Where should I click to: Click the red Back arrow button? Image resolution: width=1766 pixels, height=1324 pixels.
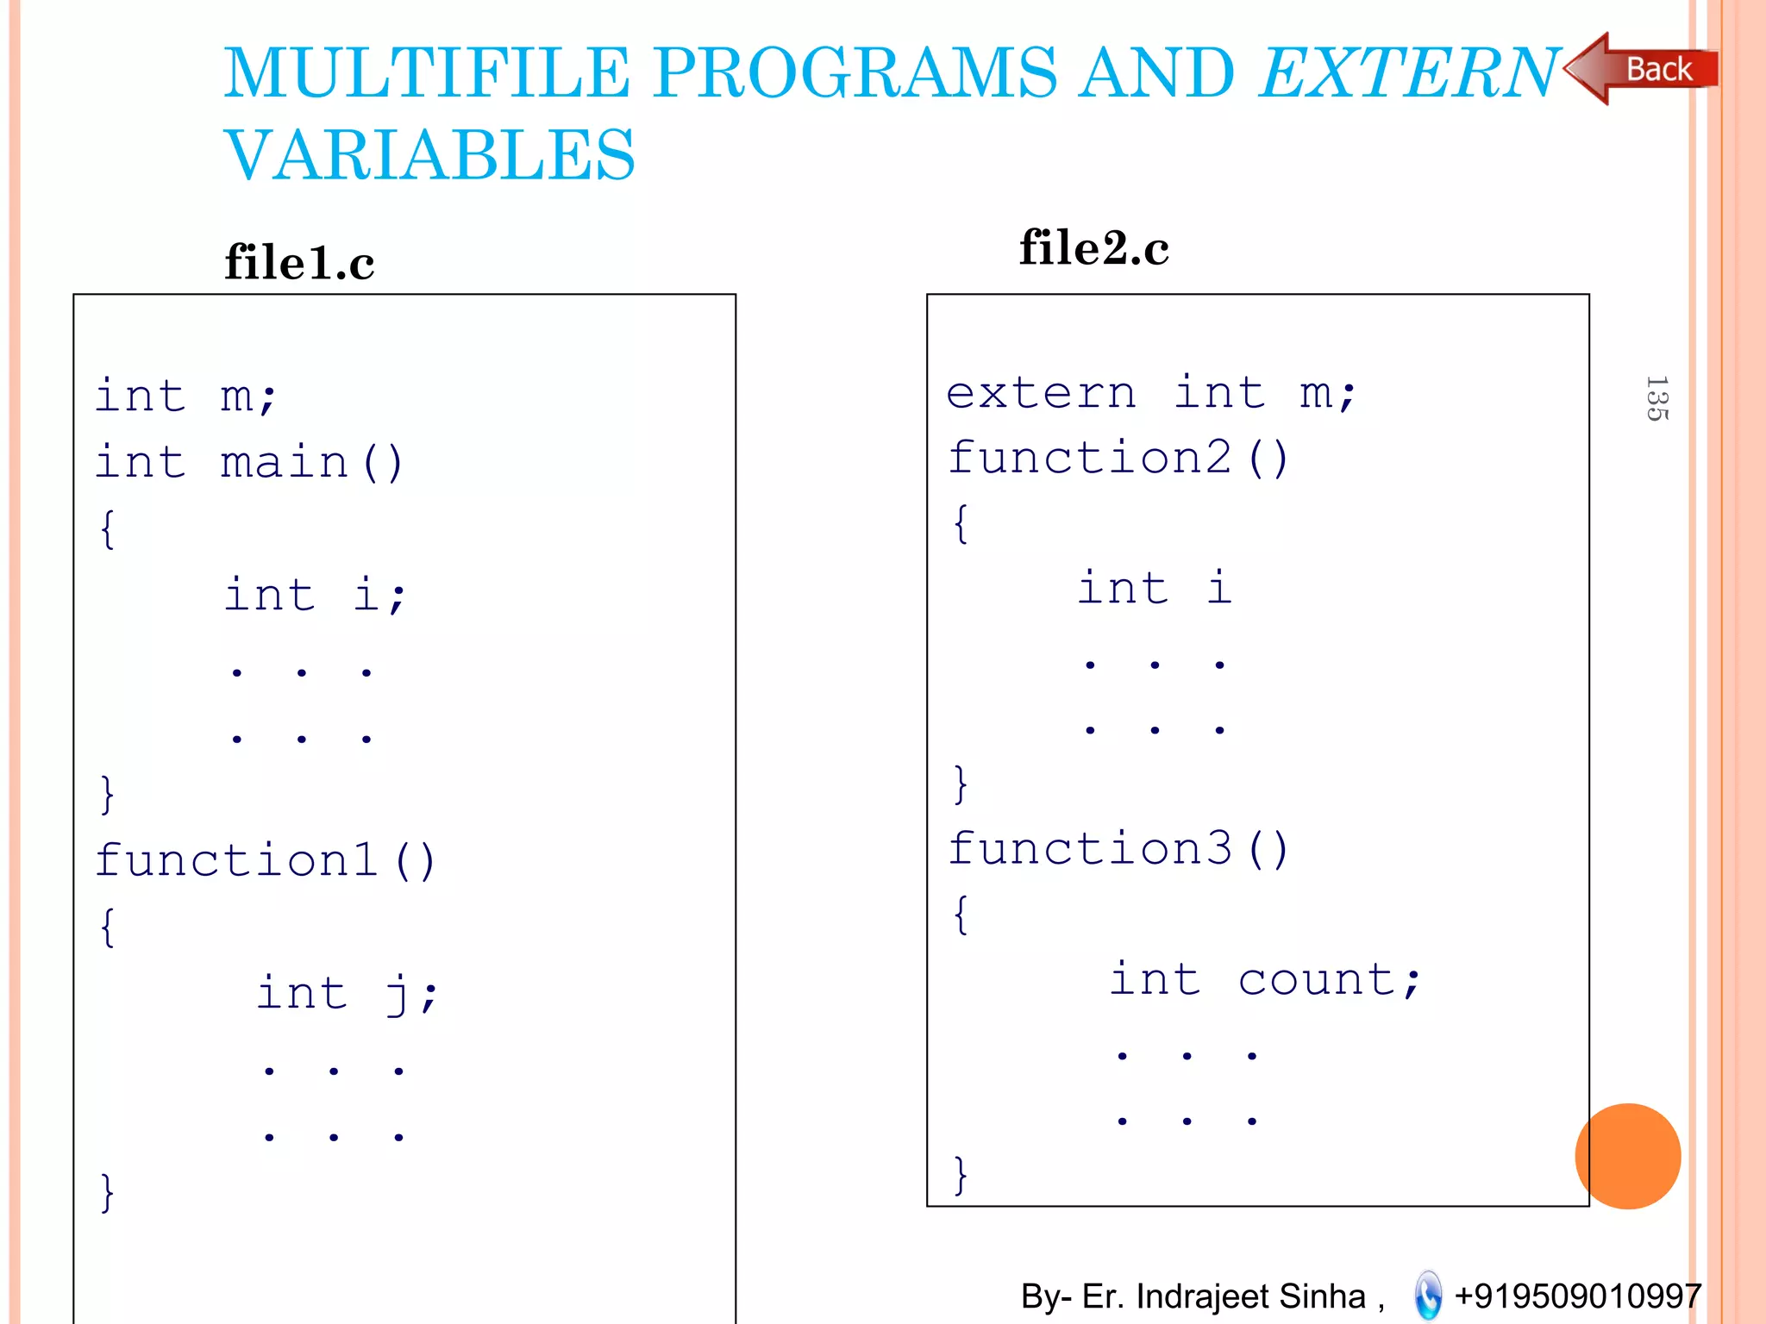(1643, 69)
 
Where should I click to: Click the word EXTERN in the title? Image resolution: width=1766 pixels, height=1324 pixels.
(1409, 72)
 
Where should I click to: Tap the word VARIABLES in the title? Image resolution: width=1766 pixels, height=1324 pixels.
(429, 155)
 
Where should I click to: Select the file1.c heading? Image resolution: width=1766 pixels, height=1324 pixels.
(299, 262)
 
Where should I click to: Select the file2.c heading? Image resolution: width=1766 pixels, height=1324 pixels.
(1093, 248)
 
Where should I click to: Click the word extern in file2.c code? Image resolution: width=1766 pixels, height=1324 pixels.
(1041, 394)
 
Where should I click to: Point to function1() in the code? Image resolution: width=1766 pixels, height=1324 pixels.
(266, 860)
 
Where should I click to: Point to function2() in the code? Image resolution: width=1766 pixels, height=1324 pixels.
(1118, 457)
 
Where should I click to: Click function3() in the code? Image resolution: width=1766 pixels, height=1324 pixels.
(1118, 849)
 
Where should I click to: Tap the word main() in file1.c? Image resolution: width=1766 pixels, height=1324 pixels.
(311, 462)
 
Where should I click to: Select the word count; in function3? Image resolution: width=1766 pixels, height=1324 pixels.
(1329, 980)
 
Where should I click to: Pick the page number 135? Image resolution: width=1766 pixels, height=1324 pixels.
(1656, 398)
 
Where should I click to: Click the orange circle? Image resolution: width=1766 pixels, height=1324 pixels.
(1627, 1156)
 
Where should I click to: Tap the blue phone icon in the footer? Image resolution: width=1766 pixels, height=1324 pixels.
(1428, 1295)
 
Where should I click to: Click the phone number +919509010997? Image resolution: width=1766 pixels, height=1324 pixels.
(1577, 1296)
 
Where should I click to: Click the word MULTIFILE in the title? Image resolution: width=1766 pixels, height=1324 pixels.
(427, 72)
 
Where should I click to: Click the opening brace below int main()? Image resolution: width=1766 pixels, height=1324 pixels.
(107, 528)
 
